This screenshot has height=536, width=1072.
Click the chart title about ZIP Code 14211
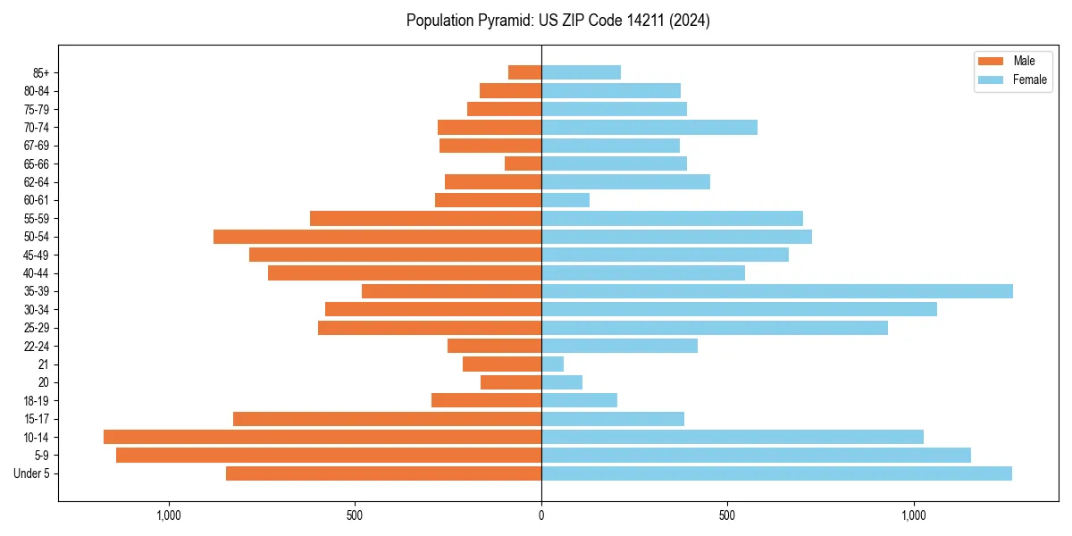[557, 21]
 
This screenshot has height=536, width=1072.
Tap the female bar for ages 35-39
[776, 291]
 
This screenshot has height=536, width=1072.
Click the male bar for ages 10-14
[322, 437]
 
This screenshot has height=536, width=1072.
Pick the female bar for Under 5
[776, 473]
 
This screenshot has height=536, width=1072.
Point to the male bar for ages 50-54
[377, 237]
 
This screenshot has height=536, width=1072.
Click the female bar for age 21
[552, 364]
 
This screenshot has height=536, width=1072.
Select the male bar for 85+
[524, 72]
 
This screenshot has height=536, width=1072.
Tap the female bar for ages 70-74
[649, 127]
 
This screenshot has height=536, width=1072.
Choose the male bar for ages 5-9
[329, 456]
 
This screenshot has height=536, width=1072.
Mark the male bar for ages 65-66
[523, 163]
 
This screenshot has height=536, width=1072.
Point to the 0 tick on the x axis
[541, 515]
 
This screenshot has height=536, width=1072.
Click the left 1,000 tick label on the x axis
[169, 515]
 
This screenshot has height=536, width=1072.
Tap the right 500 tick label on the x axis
[727, 515]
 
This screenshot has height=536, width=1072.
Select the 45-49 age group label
[37, 255]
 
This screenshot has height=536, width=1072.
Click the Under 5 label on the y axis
[32, 473]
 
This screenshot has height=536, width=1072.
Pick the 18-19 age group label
[37, 400]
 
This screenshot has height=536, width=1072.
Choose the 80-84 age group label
[37, 90]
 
